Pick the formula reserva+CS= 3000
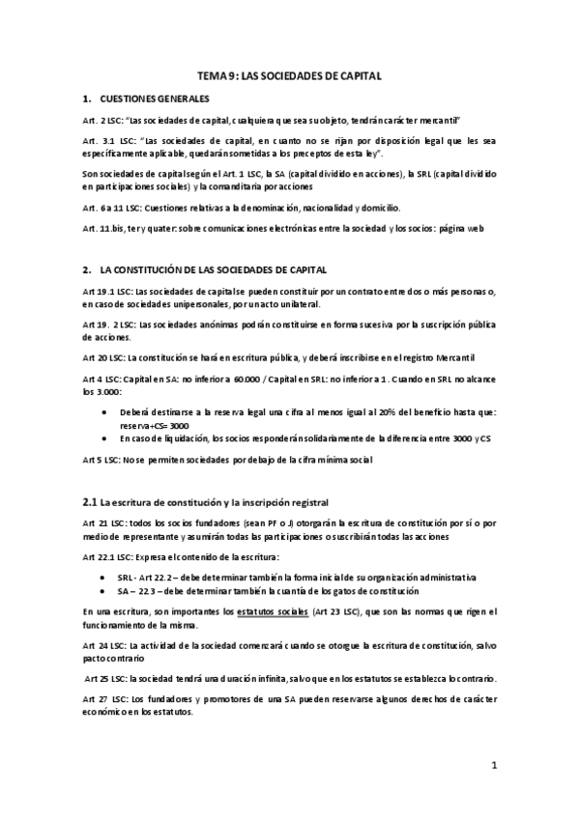(x=159, y=425)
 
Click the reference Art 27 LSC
(x=103, y=697)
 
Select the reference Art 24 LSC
(x=103, y=641)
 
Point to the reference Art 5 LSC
(x=101, y=461)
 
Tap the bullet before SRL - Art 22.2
(x=105, y=577)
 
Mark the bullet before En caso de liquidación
(x=105, y=440)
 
